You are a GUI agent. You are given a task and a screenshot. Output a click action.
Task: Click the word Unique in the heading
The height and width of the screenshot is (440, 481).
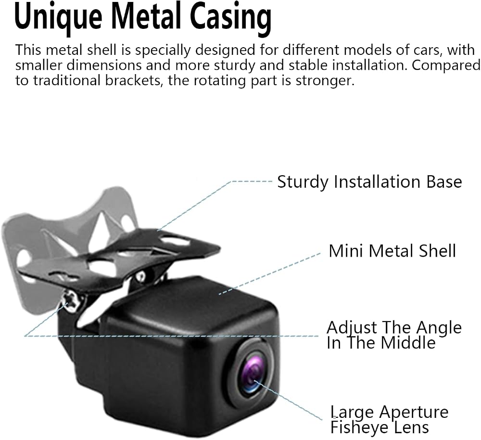[58, 18]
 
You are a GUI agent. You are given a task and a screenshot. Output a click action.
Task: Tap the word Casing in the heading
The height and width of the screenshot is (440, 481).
[231, 18]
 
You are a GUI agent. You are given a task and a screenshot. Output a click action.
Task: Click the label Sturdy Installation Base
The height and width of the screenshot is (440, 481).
[369, 182]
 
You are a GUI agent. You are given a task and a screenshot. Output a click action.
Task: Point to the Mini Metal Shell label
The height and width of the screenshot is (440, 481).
[392, 251]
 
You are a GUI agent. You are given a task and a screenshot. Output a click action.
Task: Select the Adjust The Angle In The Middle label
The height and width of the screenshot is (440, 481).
[394, 335]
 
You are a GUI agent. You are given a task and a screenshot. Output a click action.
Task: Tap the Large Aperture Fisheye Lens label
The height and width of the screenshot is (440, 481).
[389, 420]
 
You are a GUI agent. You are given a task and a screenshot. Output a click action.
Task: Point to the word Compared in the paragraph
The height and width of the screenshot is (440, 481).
[446, 66]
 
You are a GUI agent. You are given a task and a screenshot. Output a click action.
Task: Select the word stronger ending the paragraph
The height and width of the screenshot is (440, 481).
[325, 81]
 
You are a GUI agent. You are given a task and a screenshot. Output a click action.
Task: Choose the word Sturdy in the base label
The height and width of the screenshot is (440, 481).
[303, 182]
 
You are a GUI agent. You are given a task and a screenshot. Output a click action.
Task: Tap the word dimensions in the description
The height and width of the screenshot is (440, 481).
[104, 65]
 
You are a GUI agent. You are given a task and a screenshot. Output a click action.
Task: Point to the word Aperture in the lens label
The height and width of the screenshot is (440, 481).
[414, 413]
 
